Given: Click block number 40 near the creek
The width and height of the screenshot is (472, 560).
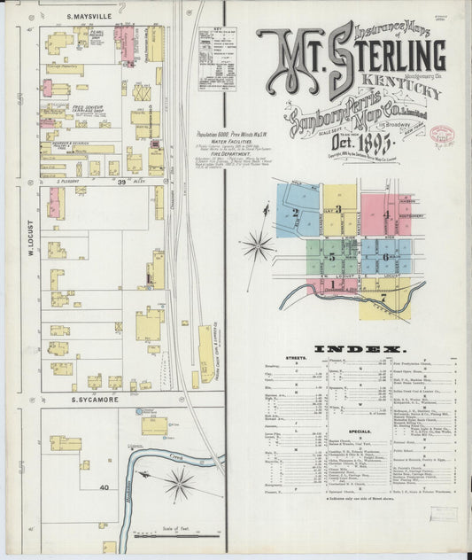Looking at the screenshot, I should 104,488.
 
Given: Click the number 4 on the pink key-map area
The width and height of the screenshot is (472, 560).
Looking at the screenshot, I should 387,215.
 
